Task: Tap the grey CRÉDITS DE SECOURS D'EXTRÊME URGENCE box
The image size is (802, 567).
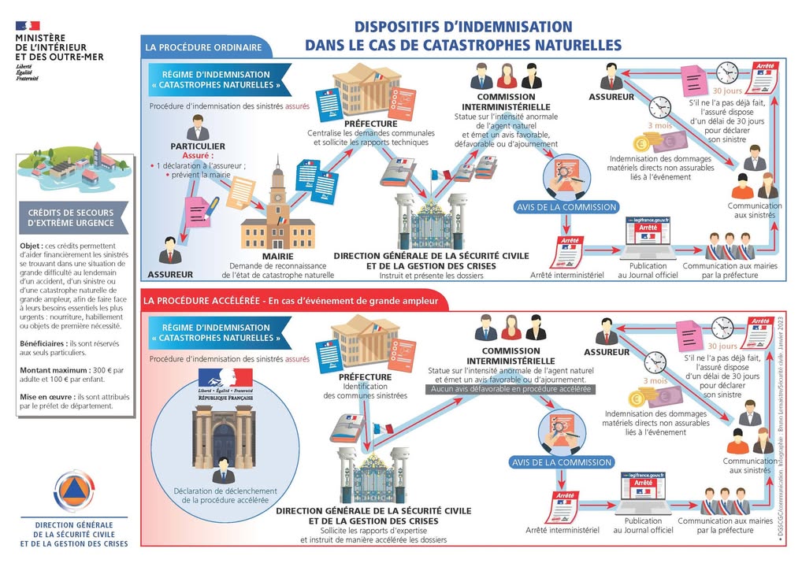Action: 71,218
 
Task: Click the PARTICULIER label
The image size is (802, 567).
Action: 198,146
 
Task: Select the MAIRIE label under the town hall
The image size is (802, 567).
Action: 277,256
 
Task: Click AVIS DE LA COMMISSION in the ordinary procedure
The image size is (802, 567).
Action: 566,207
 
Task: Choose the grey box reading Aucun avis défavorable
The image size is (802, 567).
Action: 511,389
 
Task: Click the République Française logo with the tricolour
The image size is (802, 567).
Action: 225,383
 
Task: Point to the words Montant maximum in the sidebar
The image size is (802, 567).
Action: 45,369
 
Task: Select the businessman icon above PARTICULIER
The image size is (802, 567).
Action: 197,127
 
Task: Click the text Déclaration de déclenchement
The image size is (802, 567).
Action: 225,491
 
